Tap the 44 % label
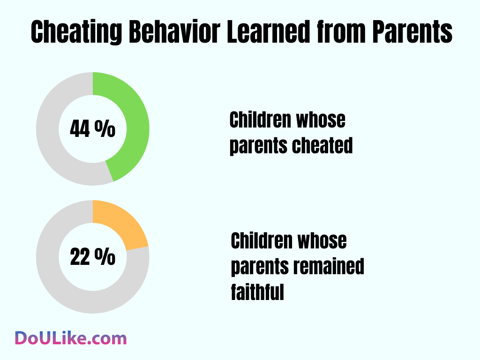pyautogui.click(x=92, y=129)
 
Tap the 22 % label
pyautogui.click(x=92, y=257)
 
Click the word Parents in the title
pyautogui.click(x=412, y=32)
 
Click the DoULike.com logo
pyautogui.click(x=70, y=338)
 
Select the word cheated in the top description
pyautogui.click(x=322, y=146)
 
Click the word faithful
pyautogui.click(x=257, y=292)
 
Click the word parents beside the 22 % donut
pyautogui.click(x=260, y=267)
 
